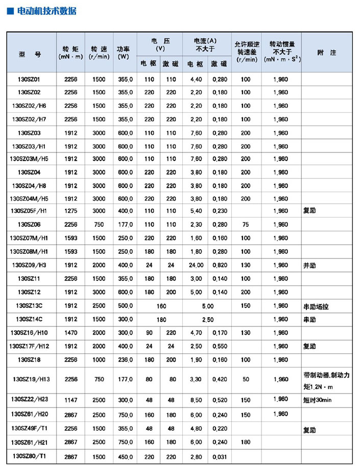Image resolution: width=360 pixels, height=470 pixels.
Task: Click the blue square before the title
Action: click(10, 11)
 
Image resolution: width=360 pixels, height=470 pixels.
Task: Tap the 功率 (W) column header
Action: click(123, 53)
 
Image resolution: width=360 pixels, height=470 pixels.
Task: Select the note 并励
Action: click(309, 265)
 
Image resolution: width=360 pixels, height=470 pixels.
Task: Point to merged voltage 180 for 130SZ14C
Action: click(161, 319)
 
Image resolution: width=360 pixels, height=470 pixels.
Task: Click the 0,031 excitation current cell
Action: click(220, 455)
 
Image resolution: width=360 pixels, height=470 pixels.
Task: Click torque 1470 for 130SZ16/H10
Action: click(71, 333)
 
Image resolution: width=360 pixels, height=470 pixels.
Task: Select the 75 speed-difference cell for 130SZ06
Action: click(246, 224)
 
